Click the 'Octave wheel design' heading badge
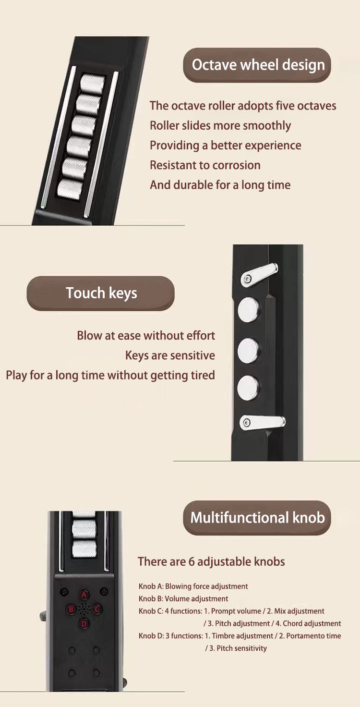coord(257,65)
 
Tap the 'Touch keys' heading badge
coord(101,293)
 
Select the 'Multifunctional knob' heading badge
coord(257,518)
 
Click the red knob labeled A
coord(84,595)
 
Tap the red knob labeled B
coord(71,609)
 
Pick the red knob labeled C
coord(97,609)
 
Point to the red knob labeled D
coord(84,623)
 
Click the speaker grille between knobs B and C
coord(84,609)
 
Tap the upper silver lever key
coord(259,275)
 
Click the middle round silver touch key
coord(248,350)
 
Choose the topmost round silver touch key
coord(249,310)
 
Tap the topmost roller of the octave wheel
coord(93,84)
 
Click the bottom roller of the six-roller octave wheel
coord(70,189)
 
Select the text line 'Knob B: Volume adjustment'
coord(183,599)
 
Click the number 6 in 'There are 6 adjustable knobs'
coord(191,562)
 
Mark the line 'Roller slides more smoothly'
coord(220,126)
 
